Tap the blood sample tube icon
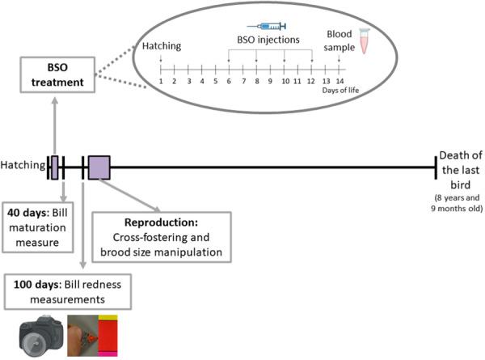tap(364, 40)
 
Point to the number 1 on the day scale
tap(162, 81)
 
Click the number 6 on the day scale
tap(229, 81)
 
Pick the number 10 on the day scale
tap(284, 81)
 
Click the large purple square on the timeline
tap(99, 167)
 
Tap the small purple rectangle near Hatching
tap(54, 167)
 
